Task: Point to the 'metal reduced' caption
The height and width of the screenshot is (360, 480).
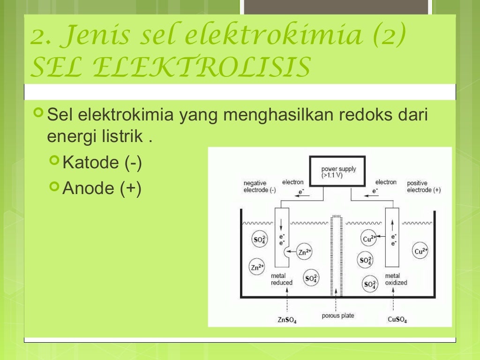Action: point(282,279)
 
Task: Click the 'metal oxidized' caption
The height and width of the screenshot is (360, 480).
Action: point(396,279)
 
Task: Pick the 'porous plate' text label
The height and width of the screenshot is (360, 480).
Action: point(338,315)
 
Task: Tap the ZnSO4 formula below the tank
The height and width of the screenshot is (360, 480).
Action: point(287,320)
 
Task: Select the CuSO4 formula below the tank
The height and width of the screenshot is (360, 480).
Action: point(397,320)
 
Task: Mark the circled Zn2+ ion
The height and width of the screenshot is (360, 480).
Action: point(256,268)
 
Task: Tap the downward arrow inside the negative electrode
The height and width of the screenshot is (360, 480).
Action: point(282,224)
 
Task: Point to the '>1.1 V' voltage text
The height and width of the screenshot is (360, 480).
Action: point(332,175)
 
